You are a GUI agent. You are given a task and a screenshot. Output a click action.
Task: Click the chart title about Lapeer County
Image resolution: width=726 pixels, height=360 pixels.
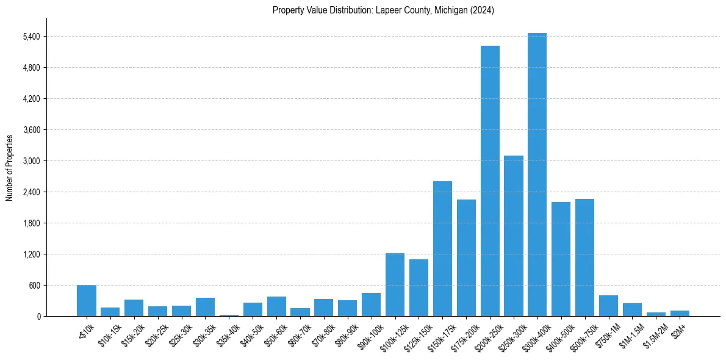[383, 10]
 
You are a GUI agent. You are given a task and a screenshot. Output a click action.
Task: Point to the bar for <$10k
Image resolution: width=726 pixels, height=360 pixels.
[87, 301]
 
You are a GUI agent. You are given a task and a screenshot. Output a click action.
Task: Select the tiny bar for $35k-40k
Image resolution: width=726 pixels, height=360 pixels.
[229, 315]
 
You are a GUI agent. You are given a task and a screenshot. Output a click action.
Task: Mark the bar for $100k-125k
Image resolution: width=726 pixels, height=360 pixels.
[395, 285]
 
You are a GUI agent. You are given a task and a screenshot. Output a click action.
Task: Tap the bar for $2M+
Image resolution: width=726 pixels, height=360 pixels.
[680, 313]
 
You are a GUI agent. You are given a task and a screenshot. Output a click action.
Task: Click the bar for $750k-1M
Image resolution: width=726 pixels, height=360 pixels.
[608, 306]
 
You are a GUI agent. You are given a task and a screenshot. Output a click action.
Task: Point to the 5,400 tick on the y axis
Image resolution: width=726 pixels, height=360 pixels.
[31, 37]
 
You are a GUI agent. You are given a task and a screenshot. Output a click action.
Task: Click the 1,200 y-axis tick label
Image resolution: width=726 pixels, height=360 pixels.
[31, 254]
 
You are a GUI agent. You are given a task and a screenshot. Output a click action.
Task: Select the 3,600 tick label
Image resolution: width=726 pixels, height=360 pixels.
[31, 130]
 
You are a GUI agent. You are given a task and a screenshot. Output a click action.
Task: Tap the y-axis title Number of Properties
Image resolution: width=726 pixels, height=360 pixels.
[10, 167]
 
